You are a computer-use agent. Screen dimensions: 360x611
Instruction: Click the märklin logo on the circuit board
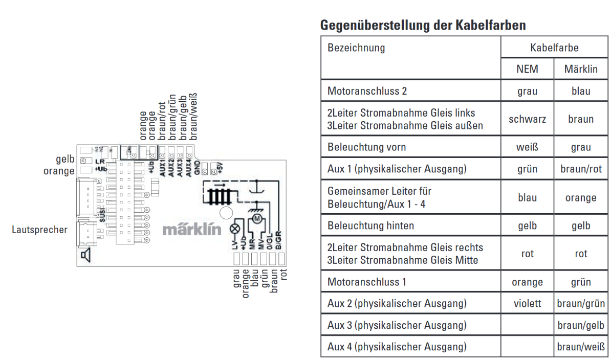pos(192,230)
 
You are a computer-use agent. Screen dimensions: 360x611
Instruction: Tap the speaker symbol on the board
pos(85,255)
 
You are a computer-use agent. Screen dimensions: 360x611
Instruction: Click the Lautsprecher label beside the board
pos(39,230)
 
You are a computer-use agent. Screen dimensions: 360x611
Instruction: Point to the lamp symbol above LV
pos(236,229)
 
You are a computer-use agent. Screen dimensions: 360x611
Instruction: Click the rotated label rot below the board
pos(284,275)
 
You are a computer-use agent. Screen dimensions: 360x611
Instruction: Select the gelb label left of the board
pos(66,160)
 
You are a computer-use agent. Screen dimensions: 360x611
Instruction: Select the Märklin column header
pos(581,69)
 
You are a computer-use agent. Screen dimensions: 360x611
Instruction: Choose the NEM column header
pos(527,69)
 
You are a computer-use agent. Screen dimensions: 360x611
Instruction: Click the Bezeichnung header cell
pos(356,49)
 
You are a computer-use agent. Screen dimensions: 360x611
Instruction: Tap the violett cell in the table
pos(527,303)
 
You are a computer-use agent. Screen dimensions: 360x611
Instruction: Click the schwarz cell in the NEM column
pos(527,119)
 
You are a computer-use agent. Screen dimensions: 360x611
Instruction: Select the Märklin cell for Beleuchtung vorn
pos(581,147)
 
